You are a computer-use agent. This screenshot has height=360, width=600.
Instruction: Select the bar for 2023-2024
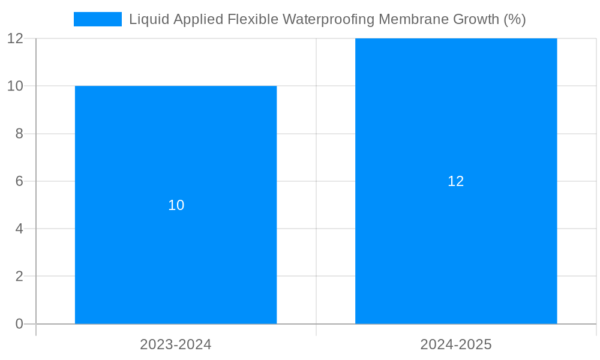click(x=176, y=252)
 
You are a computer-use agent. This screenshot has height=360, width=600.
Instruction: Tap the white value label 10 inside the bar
click(x=176, y=205)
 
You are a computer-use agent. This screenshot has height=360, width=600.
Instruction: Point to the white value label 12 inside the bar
click(x=456, y=181)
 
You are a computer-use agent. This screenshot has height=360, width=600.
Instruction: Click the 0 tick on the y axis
click(x=19, y=324)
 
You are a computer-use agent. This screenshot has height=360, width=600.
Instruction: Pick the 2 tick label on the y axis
click(x=19, y=277)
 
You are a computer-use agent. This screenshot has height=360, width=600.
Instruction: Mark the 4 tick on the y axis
click(x=19, y=229)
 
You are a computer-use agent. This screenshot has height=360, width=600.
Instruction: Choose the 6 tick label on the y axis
click(x=19, y=181)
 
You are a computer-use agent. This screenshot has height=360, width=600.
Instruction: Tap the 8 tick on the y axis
click(x=19, y=134)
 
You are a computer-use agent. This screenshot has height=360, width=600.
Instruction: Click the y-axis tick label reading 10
click(x=15, y=86)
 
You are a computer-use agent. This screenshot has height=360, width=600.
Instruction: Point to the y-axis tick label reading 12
click(x=15, y=38)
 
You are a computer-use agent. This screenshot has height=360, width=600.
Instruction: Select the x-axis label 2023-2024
click(x=176, y=344)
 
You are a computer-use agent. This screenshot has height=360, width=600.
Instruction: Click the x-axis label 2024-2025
click(x=456, y=344)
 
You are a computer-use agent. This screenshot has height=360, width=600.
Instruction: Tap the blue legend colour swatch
click(x=97, y=19)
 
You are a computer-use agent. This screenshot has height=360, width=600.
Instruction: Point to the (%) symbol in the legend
click(x=515, y=19)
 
